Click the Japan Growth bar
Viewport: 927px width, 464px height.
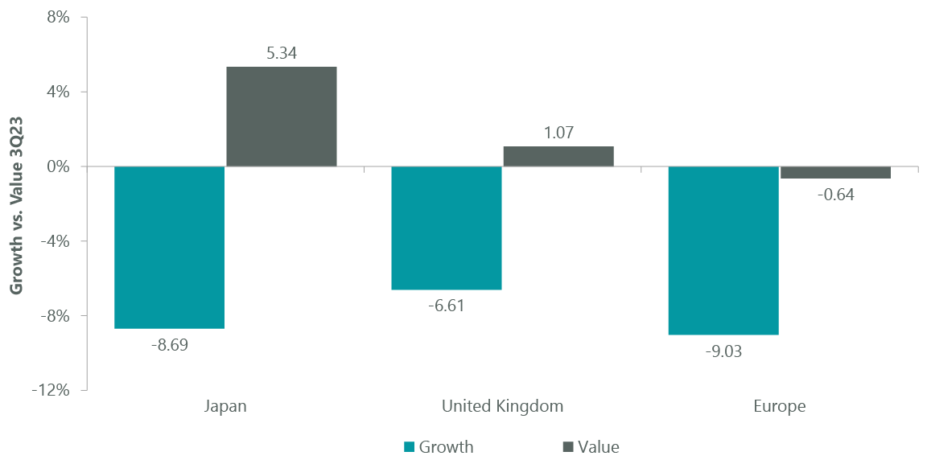169,247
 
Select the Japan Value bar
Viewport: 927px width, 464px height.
281,117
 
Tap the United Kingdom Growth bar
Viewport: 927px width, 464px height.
447,228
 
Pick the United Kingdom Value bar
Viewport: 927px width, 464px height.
558,157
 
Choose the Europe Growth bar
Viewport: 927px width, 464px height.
723,250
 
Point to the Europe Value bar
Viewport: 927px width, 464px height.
835,172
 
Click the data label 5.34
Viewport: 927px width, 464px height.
281,54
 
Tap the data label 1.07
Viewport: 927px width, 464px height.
558,133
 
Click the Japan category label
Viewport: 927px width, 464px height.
225,406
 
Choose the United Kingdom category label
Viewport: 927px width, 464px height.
502,406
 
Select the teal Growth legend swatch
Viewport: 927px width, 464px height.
408,447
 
